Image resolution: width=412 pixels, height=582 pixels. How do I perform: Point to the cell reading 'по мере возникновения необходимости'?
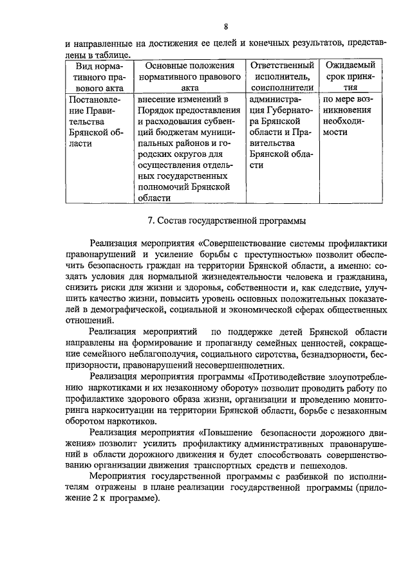(x=351, y=116)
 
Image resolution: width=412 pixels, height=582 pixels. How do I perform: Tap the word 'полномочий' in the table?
(x=162, y=186)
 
